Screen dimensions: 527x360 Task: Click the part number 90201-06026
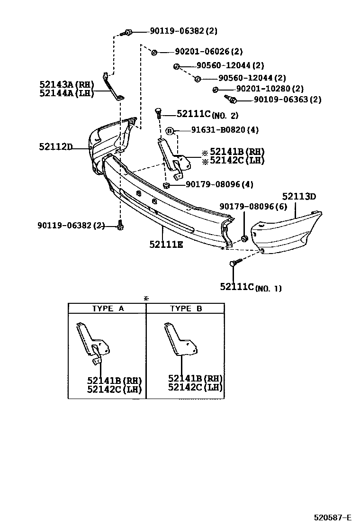coord(202,52)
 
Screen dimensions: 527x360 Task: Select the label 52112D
coord(55,147)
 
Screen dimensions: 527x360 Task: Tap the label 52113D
coord(299,196)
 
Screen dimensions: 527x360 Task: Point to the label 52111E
coord(166,245)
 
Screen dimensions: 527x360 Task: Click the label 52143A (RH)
coord(67,85)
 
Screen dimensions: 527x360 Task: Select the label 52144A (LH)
coord(67,93)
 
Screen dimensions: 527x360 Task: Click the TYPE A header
coord(108,309)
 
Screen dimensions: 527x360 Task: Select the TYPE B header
coord(186,309)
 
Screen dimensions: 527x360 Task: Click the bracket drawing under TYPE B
coord(181,340)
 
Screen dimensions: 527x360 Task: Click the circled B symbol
coord(170,130)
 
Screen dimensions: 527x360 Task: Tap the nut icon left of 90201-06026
coord(154,52)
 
